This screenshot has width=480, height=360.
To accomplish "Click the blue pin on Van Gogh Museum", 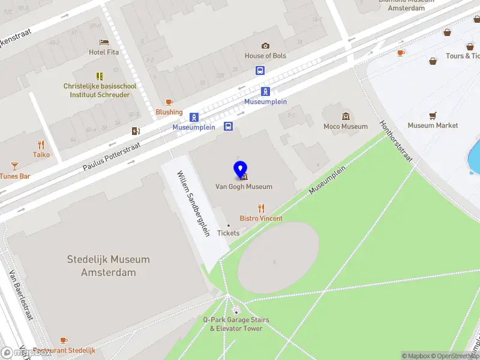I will coord(240,170).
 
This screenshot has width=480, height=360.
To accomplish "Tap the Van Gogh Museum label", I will coord(244,187).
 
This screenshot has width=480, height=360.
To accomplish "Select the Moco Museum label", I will coord(346,127).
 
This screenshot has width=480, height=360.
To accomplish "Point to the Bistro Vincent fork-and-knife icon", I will coord(261,208).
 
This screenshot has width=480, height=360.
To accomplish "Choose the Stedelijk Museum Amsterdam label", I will coord(109,266).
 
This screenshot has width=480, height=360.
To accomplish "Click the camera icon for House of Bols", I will coord(265,46).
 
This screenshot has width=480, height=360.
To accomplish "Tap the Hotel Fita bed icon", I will coord(104,43).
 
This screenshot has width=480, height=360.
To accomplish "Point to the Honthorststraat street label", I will coord(397,142).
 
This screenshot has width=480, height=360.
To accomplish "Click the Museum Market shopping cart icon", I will coord(432,115).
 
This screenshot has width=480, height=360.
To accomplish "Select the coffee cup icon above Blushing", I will coord(169,102).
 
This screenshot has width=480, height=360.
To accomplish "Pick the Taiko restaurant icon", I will coord(41,145).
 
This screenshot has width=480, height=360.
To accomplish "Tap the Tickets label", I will coord(228,233).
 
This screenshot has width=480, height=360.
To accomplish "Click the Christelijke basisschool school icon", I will coord(100,76).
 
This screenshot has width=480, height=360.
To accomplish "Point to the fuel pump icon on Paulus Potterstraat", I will coord(136,131).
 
